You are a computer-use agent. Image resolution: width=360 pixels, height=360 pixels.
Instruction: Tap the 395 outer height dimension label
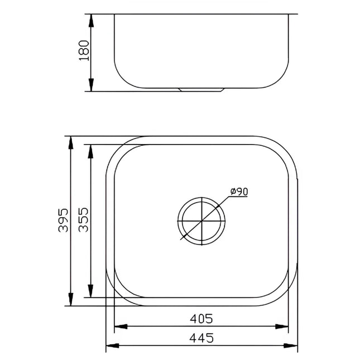(63, 220)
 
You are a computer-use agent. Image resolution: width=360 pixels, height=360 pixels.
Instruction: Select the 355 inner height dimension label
(83, 221)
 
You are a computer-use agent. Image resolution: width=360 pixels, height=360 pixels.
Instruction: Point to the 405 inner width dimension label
(201, 319)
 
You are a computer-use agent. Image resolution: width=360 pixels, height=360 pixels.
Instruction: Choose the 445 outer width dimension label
(201, 337)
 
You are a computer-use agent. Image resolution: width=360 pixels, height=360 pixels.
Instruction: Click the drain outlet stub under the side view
(201, 89)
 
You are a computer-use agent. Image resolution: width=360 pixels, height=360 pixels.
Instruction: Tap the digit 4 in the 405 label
(193, 319)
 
